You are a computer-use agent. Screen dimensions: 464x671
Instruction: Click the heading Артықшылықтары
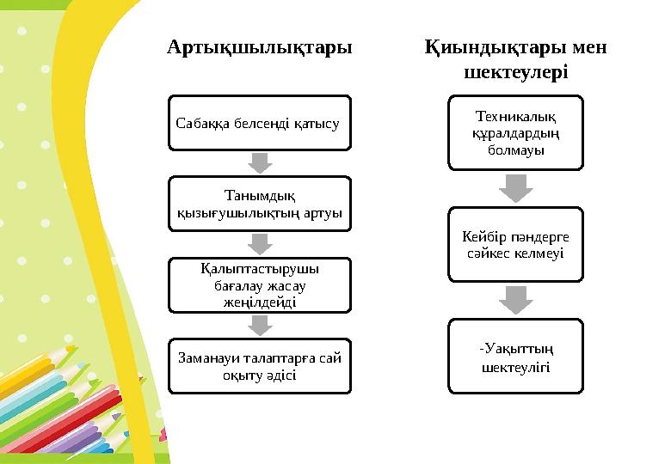259,46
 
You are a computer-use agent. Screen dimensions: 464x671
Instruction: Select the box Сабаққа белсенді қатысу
259,123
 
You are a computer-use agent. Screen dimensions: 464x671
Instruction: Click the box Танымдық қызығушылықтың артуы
259,204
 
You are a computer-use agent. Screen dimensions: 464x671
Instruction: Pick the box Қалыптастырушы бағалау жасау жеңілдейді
259,284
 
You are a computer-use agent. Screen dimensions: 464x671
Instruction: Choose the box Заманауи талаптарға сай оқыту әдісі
259,366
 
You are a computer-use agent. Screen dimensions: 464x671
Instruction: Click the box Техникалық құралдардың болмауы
515,132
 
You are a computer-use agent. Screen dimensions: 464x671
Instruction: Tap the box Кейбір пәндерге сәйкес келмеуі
515,244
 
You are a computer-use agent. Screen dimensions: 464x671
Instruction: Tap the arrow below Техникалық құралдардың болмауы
515,187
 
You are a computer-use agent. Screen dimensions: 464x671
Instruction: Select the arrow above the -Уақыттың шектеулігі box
515,300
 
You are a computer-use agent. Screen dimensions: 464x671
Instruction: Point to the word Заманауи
204,358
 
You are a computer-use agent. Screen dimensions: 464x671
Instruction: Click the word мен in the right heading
589,46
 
